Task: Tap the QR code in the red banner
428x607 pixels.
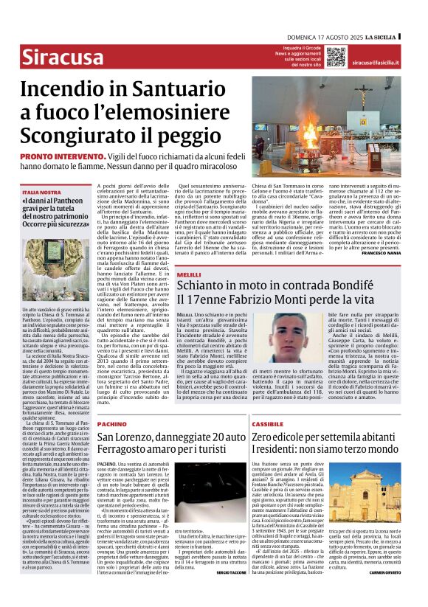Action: click(x=336, y=57)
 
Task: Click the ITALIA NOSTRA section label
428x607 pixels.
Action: click(x=40, y=191)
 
